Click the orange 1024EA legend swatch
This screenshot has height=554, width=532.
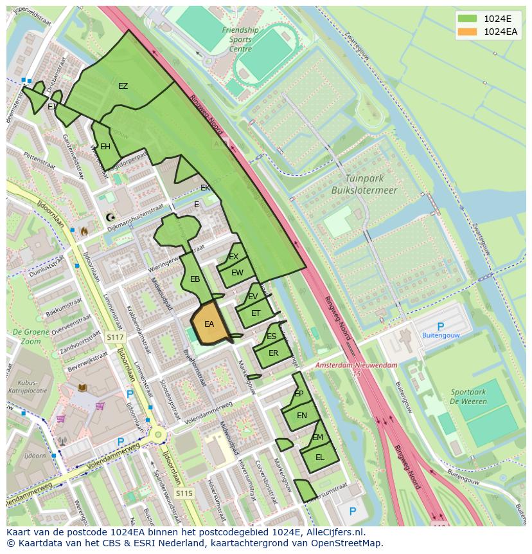467,32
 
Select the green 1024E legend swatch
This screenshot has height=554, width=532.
467,19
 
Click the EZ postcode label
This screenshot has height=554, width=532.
123,86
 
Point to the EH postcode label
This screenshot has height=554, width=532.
105,147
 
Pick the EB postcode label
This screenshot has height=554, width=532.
195,279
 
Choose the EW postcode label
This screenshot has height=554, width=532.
237,272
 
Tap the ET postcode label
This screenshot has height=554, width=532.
256,313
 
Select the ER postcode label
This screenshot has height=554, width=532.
273,353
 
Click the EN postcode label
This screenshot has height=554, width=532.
301,415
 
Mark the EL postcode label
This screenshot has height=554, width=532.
319,457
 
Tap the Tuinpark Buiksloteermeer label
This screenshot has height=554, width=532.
364,184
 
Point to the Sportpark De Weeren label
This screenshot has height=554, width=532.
468,396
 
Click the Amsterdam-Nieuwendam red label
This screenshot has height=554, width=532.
356,365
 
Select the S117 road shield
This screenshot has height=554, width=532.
115,337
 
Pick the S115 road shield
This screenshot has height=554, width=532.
184,494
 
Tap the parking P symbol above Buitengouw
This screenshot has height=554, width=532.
440,327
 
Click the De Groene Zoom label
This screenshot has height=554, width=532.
26,337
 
